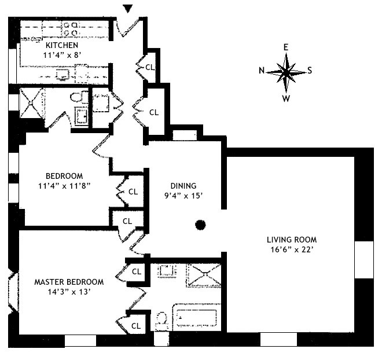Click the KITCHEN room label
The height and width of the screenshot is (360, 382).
tap(63, 45)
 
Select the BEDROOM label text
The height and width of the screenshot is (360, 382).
tap(64, 176)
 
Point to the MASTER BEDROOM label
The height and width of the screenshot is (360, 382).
tap(69, 282)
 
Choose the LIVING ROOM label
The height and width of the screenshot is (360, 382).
tap(292, 240)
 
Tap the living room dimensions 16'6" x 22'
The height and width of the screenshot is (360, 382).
tap(292, 250)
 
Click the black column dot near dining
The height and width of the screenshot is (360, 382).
tap(200, 225)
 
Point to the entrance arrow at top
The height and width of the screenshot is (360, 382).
tap(128, 8)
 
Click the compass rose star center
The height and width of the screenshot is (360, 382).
tap(286, 72)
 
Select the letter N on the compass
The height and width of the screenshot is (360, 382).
tap(262, 71)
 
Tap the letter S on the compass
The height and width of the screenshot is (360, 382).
tap(310, 71)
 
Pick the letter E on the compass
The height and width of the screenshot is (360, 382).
tap(286, 47)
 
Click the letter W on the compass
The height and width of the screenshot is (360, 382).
tap(286, 98)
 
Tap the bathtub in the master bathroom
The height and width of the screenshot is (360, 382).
tap(196, 319)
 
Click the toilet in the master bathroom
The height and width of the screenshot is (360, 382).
tap(163, 319)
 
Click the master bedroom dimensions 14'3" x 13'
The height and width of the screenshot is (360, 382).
tap(69, 292)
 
